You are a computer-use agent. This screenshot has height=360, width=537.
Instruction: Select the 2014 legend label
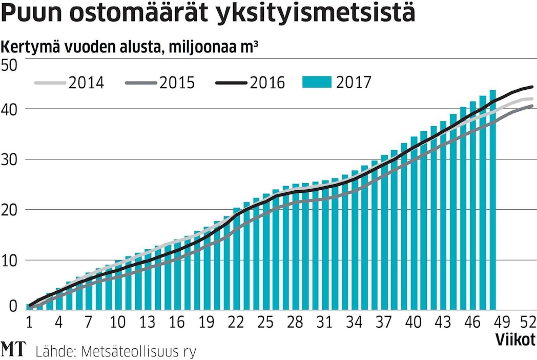coord(86,83)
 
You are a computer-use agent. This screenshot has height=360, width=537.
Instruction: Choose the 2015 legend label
coord(177,83)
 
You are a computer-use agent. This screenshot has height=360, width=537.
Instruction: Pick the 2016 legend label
coord(267,83)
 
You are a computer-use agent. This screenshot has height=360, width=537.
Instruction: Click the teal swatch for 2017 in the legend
coord(316,82)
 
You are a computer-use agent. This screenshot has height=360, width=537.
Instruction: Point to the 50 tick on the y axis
coord(10,66)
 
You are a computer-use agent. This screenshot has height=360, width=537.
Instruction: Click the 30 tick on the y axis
coord(10,160)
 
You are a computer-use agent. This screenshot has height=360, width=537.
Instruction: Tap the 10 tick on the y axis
coord(10,261)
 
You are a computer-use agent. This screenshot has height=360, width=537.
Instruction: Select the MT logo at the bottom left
coord(14,350)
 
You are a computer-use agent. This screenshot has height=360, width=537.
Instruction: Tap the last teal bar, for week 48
coord(492,200)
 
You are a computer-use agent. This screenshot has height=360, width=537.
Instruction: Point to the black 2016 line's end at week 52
coord(533,87)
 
